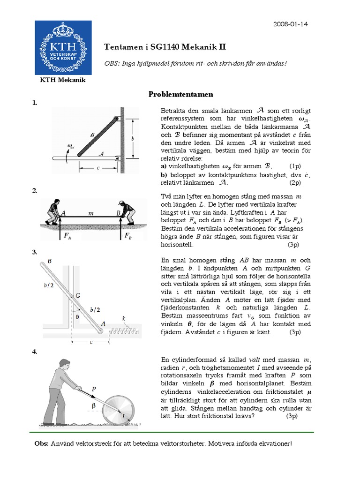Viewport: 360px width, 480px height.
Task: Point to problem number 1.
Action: point(34,103)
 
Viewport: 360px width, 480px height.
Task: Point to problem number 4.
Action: point(34,352)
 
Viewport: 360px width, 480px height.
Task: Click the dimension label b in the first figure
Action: point(133,139)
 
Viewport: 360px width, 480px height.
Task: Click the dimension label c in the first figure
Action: point(98,169)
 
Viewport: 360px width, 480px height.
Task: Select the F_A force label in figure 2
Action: point(67,237)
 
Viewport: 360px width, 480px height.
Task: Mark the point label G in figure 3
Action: point(77,295)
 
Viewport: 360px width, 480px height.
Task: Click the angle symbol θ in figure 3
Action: point(77,316)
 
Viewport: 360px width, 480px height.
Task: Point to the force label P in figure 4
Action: point(94,389)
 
